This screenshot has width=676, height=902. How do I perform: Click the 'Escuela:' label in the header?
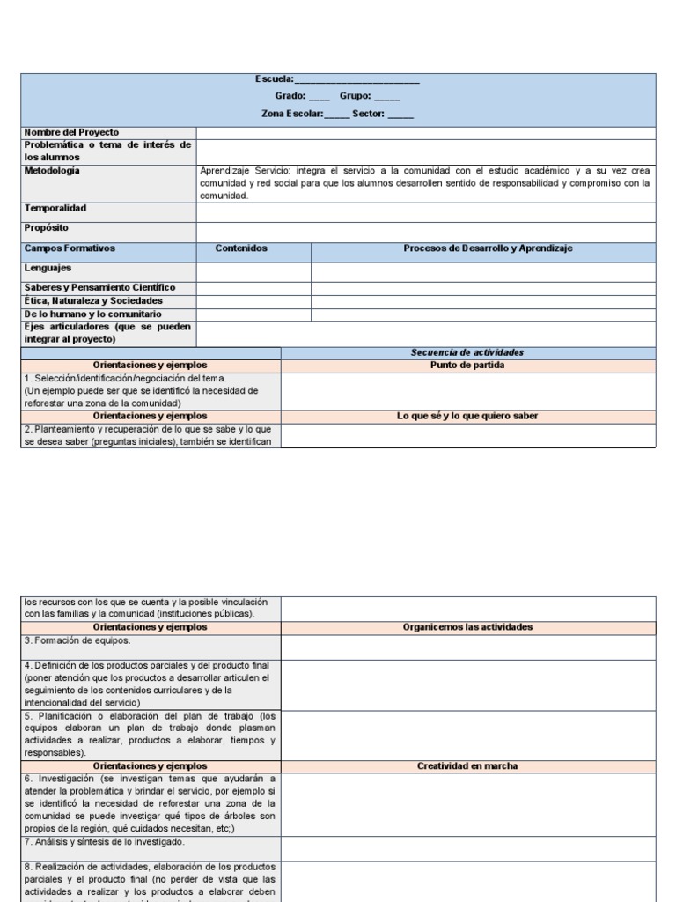pos(275,80)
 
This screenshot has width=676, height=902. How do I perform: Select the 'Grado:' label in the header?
pos(290,97)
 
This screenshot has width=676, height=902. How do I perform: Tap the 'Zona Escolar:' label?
pos(292,114)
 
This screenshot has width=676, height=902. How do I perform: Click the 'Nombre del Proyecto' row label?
pos(71,132)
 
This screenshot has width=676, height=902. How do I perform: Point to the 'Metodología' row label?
pos(52,171)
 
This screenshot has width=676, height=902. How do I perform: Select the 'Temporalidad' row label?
pos(55,209)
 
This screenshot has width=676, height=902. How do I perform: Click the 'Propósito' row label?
pos(47,227)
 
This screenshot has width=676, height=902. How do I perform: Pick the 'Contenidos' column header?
pos(241,248)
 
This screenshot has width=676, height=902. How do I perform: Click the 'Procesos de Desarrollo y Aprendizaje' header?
pos(488,248)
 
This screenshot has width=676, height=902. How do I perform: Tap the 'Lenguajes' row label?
pos(48,268)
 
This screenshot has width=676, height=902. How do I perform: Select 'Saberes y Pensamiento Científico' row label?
pos(99,287)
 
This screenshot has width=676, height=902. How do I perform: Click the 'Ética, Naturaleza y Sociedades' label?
pos(94,300)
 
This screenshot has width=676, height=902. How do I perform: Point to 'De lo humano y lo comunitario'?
pos(92,314)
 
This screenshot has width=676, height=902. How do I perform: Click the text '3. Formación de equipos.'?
pos(77,640)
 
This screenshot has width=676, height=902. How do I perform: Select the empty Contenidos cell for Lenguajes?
pos(253,271)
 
